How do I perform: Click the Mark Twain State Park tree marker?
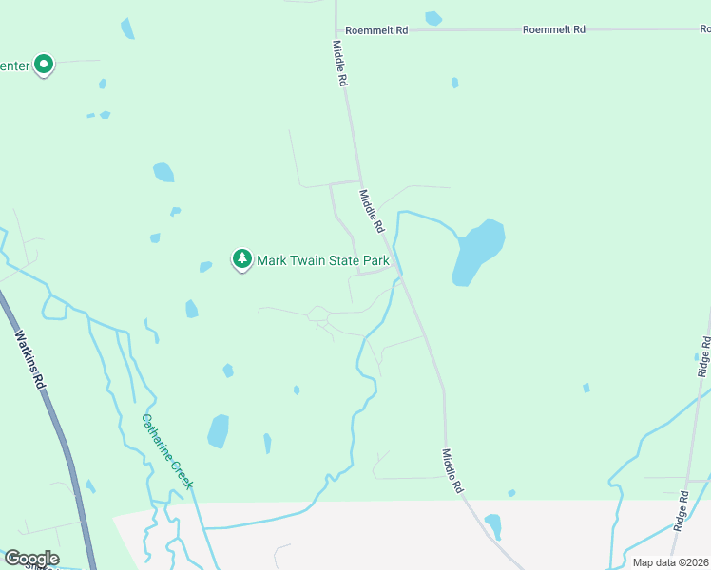[x=242, y=258]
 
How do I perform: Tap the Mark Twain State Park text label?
[x=324, y=259]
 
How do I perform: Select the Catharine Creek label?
[x=168, y=451]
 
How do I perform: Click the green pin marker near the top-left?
[x=43, y=65]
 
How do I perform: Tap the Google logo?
[x=31, y=559]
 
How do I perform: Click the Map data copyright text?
[x=670, y=562]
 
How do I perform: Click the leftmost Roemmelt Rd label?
[x=376, y=30]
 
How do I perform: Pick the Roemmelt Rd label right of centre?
[x=553, y=30]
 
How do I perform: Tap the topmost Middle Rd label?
[x=339, y=64]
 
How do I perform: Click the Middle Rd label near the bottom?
[x=452, y=470]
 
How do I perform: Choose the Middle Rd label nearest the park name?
[x=371, y=211]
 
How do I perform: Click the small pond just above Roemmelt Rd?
[x=433, y=18]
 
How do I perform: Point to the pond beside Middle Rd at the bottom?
[x=492, y=525]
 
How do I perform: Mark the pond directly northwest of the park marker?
[x=163, y=173]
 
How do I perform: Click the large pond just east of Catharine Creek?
[x=219, y=430]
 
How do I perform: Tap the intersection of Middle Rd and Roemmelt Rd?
[x=336, y=30]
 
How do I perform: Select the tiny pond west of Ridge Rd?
[x=586, y=388]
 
